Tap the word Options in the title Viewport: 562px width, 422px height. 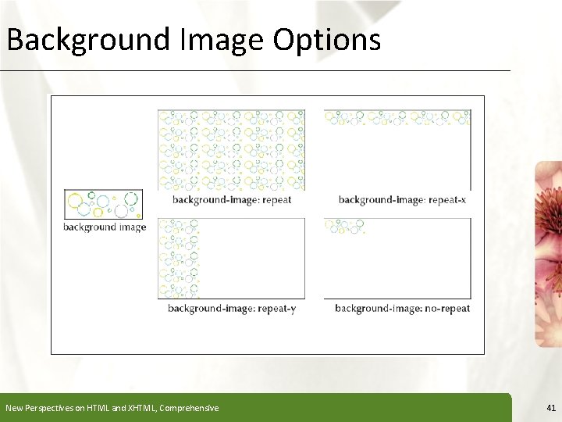(x=326, y=39)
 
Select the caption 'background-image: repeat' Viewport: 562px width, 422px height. (x=232, y=200)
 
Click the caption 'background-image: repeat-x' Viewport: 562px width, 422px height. (x=402, y=200)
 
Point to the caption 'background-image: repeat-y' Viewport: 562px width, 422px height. (x=232, y=309)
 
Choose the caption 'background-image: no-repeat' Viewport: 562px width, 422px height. (x=402, y=309)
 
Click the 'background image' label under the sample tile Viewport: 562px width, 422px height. (x=105, y=227)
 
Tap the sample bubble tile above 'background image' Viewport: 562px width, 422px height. (x=104, y=204)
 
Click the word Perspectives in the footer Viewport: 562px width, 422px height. (x=46, y=408)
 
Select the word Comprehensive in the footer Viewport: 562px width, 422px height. (x=189, y=408)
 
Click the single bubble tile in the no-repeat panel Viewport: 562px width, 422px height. (x=344, y=226)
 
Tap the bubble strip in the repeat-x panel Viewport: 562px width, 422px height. (x=397, y=118)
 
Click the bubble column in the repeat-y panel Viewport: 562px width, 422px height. (x=178, y=258)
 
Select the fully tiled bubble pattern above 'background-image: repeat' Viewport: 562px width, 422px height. (x=231, y=149)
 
